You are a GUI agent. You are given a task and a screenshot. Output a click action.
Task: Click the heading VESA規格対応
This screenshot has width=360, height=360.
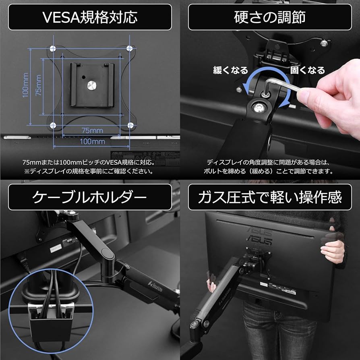coord(90,17)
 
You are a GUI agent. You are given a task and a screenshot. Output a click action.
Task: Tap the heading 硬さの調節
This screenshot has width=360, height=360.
coord(270,17)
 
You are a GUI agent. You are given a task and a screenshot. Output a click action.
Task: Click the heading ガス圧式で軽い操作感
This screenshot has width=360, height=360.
coord(270,197)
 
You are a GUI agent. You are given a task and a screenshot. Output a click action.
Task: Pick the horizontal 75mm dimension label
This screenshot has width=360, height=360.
coord(92,130)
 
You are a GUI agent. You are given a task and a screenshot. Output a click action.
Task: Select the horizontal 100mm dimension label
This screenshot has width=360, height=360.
coord(92,141)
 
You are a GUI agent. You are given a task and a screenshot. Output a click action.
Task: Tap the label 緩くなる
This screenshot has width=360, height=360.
coord(230,70)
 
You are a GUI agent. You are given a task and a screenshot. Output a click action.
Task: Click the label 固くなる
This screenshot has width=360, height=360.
coord(307,70)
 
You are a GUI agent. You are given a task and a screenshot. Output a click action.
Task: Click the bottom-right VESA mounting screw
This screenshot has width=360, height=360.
coord(130,125)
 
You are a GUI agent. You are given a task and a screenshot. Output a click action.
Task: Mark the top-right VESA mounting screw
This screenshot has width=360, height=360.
coord(130,48)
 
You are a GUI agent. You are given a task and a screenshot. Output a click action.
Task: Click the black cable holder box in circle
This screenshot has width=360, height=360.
coord(50,326)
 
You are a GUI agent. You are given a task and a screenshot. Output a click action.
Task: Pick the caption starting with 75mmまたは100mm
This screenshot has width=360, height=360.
coord(89,162)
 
